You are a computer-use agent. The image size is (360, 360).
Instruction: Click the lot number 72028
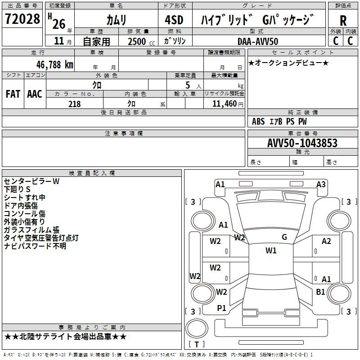[22, 19]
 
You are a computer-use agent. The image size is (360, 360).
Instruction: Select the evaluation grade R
[343, 20]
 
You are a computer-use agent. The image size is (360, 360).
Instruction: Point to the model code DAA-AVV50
[258, 41]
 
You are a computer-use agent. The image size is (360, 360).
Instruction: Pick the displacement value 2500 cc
[140, 41]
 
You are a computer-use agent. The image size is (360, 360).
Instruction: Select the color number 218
[74, 104]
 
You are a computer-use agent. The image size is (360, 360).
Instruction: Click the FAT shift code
[13, 94]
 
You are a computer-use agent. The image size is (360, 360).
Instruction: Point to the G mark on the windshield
[284, 237]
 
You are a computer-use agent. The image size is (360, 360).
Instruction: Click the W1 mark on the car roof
[271, 251]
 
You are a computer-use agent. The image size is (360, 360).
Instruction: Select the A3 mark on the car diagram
[321, 184]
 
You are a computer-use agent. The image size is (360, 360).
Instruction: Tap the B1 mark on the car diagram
[320, 292]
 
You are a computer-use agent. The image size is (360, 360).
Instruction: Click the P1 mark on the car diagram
[221, 308]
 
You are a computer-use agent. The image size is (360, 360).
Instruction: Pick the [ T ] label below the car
[197, 344]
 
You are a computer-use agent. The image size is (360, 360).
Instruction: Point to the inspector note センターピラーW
[31, 181]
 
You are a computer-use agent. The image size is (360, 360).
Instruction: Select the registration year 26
[58, 23]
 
